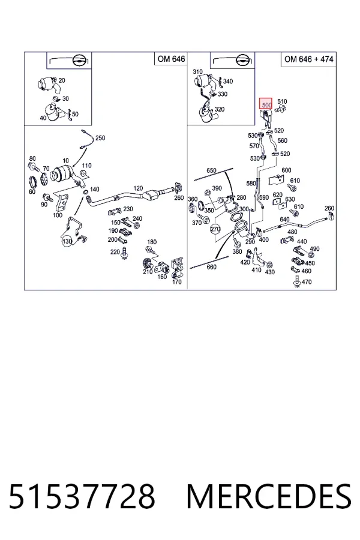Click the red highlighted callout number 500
(266, 104)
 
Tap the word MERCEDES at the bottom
(269, 496)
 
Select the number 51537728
(82, 496)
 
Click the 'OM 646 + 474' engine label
(308, 59)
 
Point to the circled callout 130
(67, 241)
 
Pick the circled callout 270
(215, 229)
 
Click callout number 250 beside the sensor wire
(100, 138)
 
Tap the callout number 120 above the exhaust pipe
(138, 188)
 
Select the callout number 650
(211, 170)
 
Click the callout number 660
(212, 267)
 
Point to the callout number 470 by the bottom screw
(306, 282)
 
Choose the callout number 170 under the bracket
(176, 282)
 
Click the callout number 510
(282, 101)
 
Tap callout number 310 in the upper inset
(197, 71)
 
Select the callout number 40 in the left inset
(43, 118)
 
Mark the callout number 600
(286, 170)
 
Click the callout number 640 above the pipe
(284, 220)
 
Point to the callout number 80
(32, 159)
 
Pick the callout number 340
(228, 81)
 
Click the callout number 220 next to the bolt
(115, 252)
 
